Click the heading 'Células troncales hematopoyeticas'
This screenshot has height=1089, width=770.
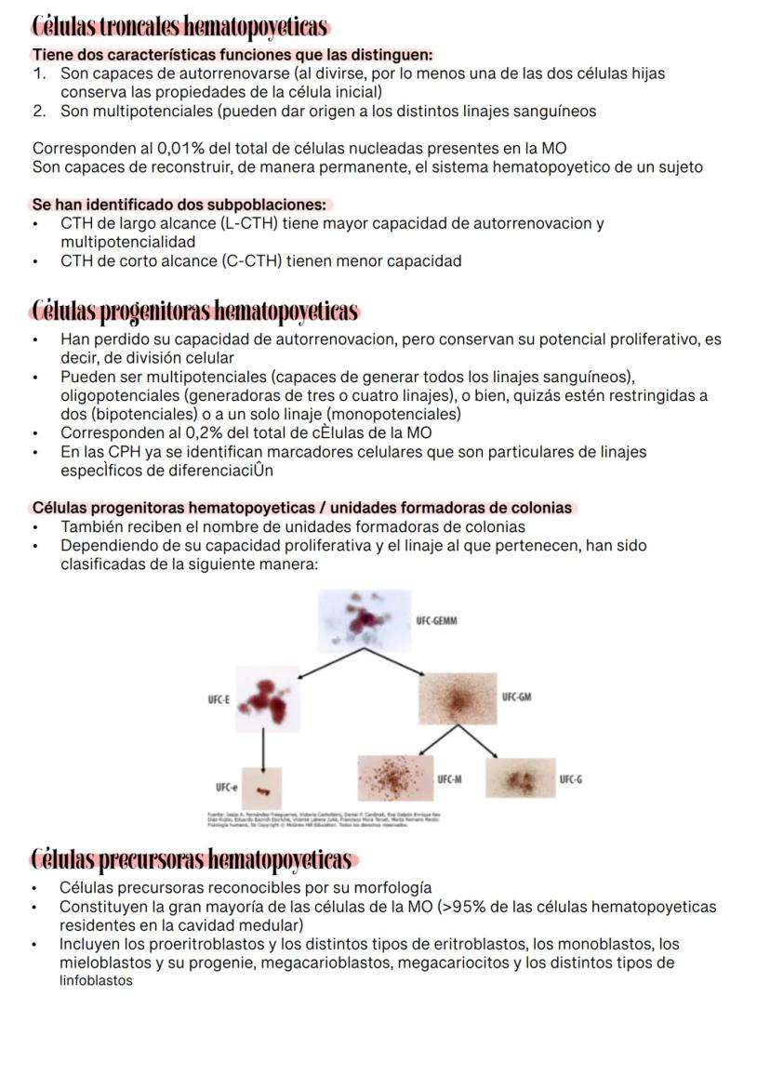[x=180, y=26]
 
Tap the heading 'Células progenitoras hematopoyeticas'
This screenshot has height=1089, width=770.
[x=195, y=311]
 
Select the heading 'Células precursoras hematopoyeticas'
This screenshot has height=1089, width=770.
[x=192, y=857]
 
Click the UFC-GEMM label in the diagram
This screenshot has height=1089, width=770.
[x=437, y=621]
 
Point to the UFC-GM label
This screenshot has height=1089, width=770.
[x=516, y=697]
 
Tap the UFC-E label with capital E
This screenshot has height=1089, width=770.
[x=219, y=699]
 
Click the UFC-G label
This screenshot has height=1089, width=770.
[x=571, y=779]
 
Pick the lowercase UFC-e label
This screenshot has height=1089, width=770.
[x=227, y=788]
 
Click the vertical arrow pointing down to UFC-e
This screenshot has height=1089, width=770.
[x=264, y=749]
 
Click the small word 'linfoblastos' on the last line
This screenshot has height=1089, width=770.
[x=96, y=981]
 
